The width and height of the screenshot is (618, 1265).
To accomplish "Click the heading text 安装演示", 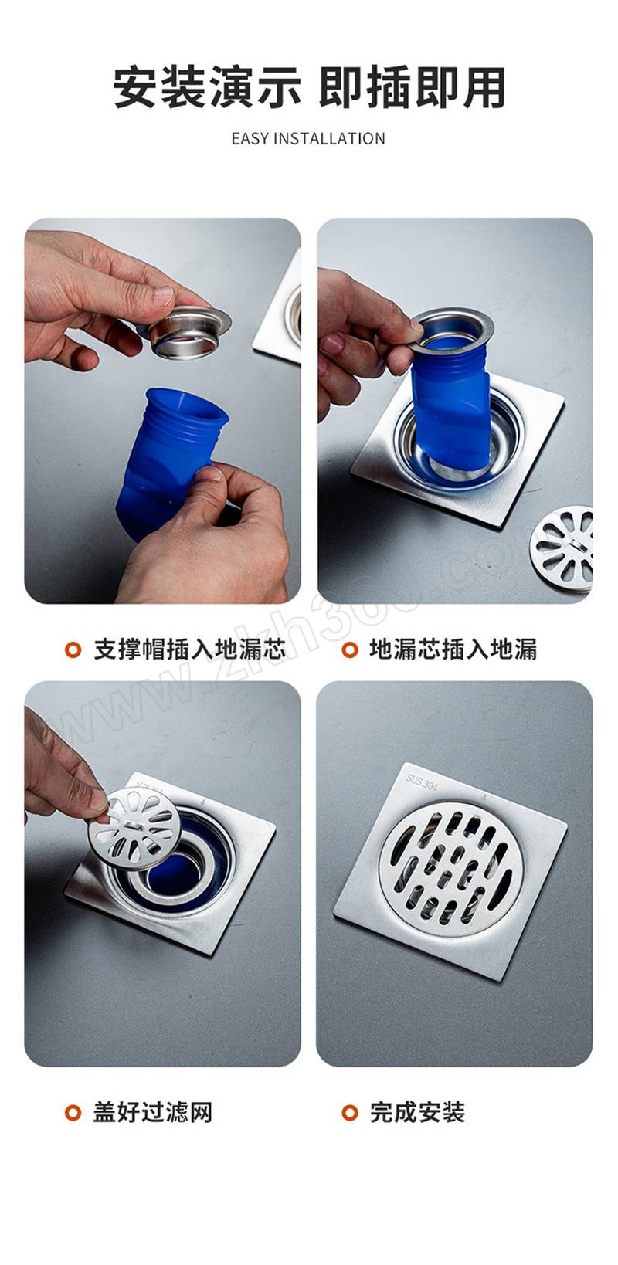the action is (207, 87).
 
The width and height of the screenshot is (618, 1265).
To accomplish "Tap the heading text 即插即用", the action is (412, 87).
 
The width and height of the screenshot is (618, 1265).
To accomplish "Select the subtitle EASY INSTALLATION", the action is (308, 139).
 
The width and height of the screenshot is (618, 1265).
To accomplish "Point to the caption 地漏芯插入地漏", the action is (453, 650).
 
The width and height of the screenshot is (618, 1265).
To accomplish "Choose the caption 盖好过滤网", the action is (152, 1113).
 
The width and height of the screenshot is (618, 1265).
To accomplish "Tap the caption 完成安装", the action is (417, 1113).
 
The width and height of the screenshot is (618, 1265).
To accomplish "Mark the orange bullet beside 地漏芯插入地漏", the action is (350, 650).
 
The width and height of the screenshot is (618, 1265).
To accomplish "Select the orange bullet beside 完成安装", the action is (350, 1113).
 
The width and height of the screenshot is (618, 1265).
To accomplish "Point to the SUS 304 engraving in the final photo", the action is (422, 782).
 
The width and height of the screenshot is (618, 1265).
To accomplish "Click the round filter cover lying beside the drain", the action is (562, 547).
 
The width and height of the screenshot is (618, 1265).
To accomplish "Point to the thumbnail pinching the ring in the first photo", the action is (163, 295).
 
